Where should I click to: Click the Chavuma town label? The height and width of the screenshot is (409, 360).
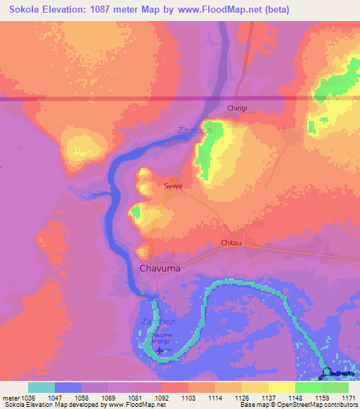click(160, 268)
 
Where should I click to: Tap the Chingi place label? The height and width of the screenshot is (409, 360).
click(238, 108)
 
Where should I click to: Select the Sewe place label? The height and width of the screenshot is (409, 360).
click(173, 186)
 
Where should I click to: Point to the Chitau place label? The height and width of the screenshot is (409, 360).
click(231, 243)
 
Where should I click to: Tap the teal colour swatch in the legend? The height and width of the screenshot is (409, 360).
click(41, 387)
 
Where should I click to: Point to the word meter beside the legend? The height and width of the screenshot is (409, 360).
click(10, 397)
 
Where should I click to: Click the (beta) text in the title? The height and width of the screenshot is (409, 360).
click(275, 9)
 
